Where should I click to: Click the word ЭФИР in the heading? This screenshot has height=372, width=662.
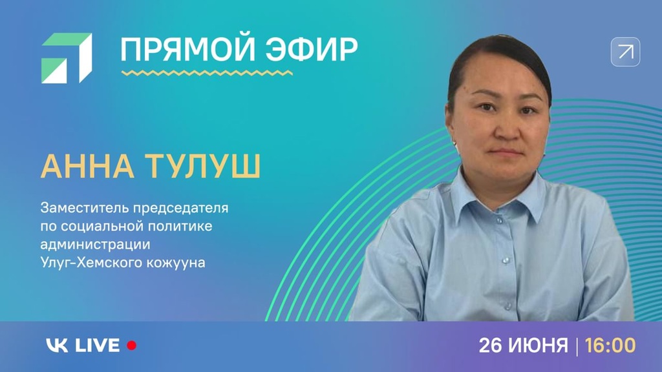coord(312,49)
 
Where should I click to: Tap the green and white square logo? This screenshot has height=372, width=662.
coord(67,57)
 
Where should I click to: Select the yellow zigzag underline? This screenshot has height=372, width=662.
coord(207,73)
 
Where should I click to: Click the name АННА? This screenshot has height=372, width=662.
coord(87,166)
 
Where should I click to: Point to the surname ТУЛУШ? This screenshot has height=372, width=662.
coord(202,166)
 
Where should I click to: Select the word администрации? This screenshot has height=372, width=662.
coord(96,245)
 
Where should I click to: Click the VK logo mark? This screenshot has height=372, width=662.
coord(57,346)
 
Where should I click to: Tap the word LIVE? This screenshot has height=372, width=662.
coord(98,346)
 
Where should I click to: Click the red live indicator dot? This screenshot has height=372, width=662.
coord(132,346)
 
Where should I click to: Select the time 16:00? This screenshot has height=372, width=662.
coord(610,346)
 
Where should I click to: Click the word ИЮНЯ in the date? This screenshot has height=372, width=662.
coord(539,346)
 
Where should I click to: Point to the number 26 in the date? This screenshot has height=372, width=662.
coord(490,346)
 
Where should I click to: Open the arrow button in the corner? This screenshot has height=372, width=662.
coord(625,52)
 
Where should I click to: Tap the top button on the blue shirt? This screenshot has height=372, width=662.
coord(499,221)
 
